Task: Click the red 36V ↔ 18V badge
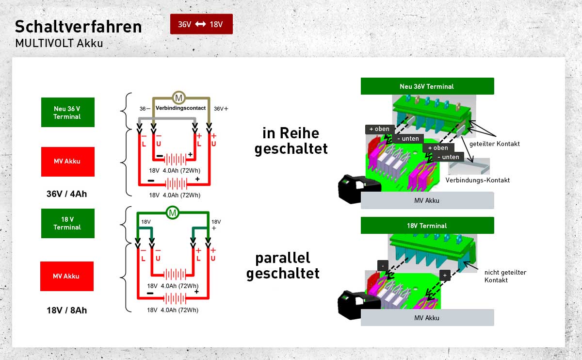[201, 24]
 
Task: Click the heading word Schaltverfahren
[79, 27]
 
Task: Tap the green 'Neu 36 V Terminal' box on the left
[68, 112]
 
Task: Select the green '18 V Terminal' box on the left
[68, 223]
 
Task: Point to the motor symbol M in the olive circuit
[179, 98]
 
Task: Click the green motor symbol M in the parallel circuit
[173, 213]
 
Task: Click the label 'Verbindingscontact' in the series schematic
[180, 108]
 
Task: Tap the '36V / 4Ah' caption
[67, 194]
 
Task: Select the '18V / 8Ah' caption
[67, 310]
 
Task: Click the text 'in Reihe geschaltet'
[291, 141]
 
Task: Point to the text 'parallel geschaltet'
[283, 266]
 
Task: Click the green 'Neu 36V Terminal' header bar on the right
[427, 86]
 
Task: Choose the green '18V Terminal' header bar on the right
[427, 225]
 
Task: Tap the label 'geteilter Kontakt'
[494, 144]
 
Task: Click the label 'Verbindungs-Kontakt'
[478, 180]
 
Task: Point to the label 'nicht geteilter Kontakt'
[505, 276]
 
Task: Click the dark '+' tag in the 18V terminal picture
[445, 275]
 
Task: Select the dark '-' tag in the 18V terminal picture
[383, 266]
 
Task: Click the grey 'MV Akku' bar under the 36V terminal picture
[427, 200]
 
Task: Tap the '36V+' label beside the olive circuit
[221, 109]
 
